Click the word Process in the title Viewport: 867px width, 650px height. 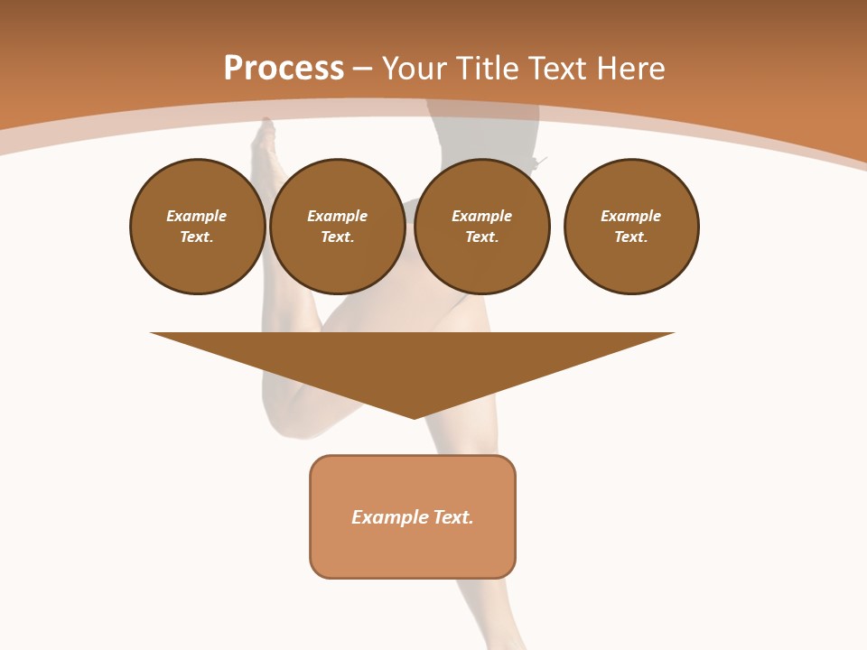click(x=284, y=69)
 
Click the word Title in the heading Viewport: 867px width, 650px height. click(x=485, y=69)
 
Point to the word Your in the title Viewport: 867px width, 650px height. click(x=413, y=69)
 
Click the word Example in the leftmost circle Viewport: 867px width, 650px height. click(x=196, y=216)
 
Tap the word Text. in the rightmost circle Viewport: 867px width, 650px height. click(x=630, y=237)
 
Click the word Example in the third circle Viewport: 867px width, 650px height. click(x=481, y=216)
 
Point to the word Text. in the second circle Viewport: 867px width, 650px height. click(x=337, y=237)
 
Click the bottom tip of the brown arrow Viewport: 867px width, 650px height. click(x=414, y=416)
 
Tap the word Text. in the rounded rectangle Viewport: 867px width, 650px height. click(x=453, y=517)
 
